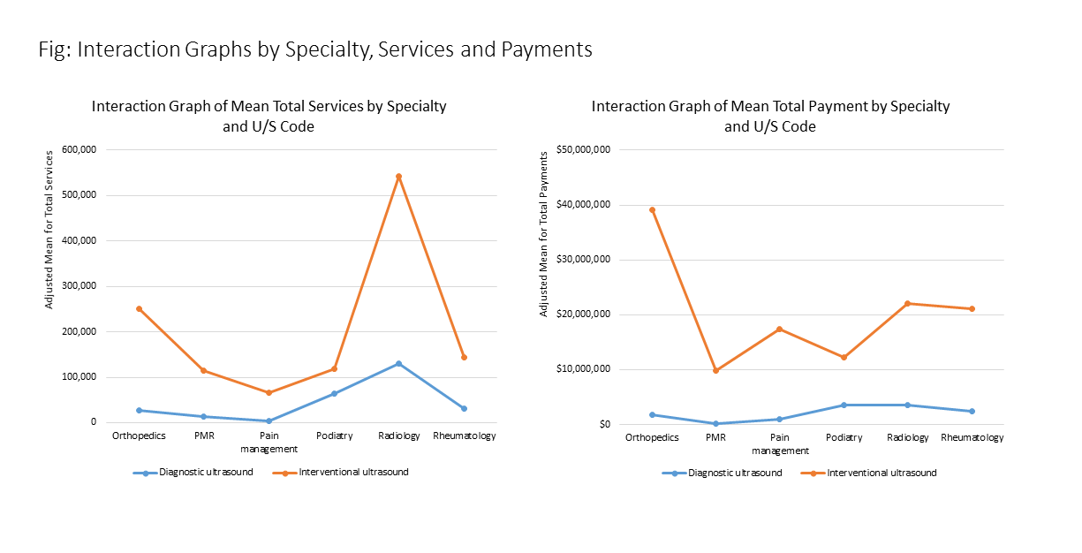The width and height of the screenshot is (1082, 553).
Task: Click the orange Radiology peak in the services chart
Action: [398, 177]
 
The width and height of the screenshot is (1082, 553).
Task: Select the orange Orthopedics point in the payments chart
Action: [652, 210]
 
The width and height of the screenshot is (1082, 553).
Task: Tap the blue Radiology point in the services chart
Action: [398, 363]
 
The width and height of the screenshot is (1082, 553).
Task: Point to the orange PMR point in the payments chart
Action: [716, 370]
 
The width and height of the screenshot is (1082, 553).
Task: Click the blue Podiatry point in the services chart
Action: [334, 393]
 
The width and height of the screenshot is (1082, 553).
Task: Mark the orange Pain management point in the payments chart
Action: [780, 329]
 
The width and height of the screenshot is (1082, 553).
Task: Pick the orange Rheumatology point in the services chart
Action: [464, 357]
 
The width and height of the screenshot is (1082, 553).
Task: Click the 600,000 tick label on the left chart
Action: [78, 149]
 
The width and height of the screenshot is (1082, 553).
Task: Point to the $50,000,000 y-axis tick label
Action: [586, 150]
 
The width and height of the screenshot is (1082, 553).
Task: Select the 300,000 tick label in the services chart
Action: [78, 286]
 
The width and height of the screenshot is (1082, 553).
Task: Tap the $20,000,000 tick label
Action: [586, 314]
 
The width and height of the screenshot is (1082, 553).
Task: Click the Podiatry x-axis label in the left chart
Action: [334, 436]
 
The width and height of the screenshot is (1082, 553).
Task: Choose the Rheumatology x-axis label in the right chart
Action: [972, 437]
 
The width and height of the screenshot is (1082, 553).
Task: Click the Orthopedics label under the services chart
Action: [139, 436]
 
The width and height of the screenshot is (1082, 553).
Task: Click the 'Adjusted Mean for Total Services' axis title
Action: [49, 228]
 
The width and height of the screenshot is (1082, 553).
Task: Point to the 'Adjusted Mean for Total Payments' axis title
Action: [545, 234]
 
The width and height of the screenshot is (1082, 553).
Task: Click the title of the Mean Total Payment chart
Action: [770, 116]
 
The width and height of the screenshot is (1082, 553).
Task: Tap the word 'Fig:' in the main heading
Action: [55, 49]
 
